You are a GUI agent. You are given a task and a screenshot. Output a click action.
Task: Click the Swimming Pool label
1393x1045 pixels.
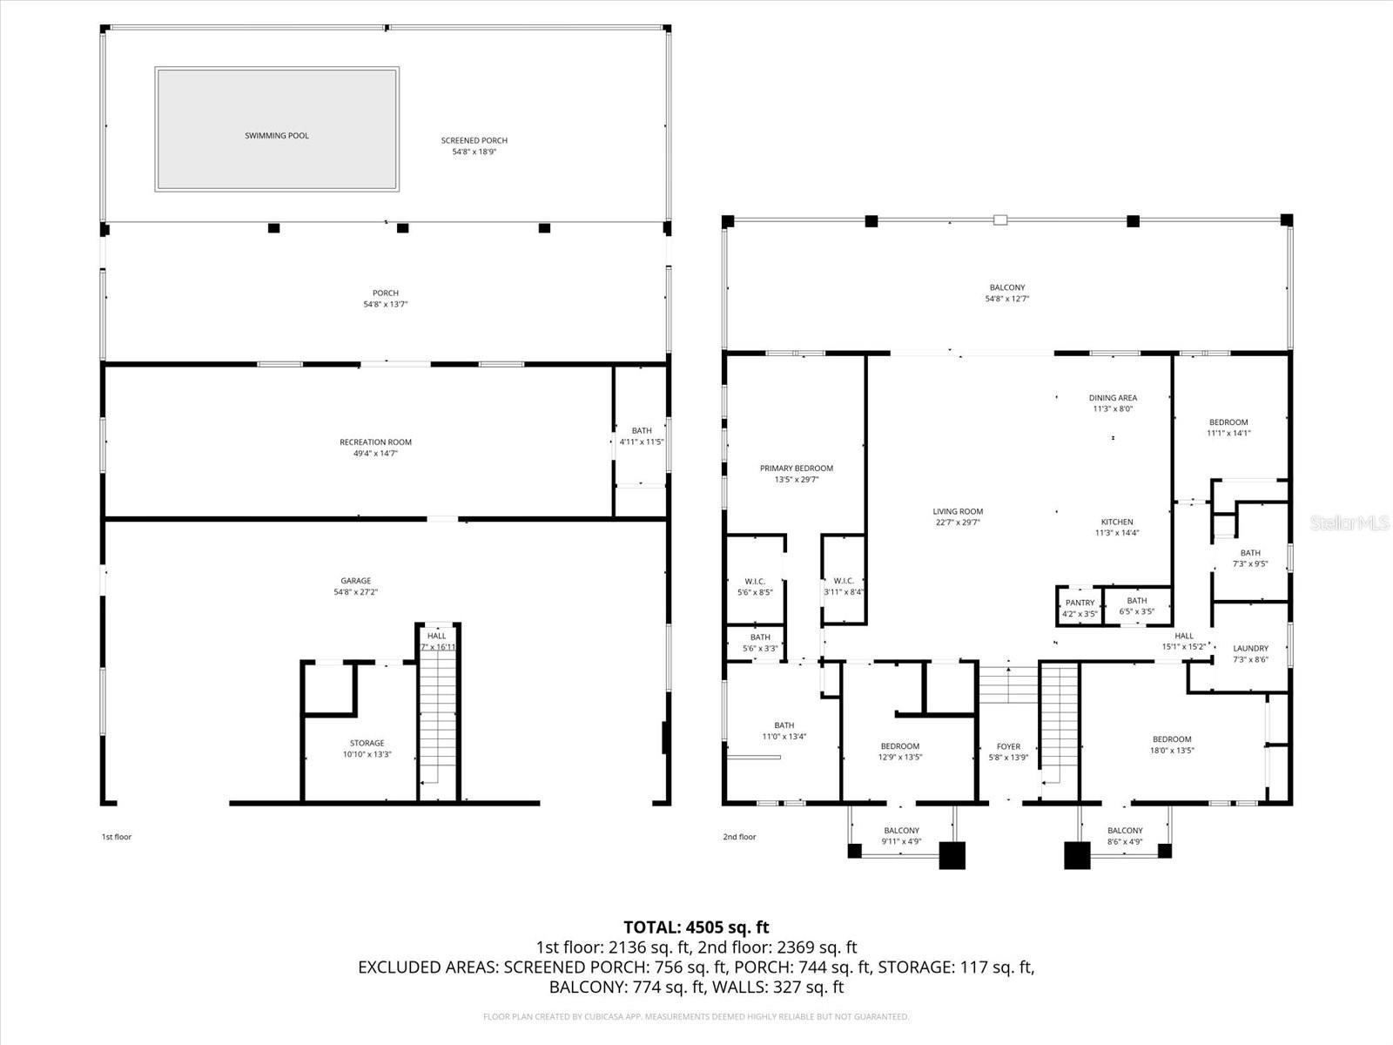tap(276, 136)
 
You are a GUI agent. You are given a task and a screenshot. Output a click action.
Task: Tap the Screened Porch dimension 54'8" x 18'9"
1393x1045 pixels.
tap(474, 152)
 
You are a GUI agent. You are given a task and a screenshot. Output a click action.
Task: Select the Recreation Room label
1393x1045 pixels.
tap(375, 442)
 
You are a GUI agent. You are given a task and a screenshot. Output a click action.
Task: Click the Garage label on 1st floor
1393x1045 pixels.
tap(355, 581)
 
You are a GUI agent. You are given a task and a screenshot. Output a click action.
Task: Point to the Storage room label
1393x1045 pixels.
tap(367, 744)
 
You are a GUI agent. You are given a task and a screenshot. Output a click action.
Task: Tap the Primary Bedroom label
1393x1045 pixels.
tap(796, 469)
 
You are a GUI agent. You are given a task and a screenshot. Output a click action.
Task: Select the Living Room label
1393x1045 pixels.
tap(958, 512)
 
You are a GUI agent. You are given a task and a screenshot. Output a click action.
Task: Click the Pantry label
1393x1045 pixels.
tap(1080, 603)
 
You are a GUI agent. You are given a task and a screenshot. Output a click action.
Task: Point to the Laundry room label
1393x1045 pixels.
tap(1250, 648)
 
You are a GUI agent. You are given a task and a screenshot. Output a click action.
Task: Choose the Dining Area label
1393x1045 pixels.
tap(1113, 398)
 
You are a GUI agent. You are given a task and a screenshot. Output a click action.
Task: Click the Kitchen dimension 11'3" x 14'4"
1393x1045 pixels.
tap(1117, 533)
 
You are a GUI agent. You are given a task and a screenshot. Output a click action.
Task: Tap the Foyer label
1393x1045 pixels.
tap(1008, 746)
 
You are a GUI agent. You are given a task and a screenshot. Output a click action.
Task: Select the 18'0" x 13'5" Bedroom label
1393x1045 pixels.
tap(1171, 739)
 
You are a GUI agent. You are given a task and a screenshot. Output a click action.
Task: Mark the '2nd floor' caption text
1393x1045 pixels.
tap(739, 837)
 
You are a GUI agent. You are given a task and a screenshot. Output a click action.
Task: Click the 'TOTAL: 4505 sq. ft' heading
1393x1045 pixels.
tap(696, 927)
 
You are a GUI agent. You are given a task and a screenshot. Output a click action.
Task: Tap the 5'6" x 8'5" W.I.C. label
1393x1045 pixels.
tap(755, 582)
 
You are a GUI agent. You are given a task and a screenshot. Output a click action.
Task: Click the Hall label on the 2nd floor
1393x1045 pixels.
tap(1184, 636)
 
